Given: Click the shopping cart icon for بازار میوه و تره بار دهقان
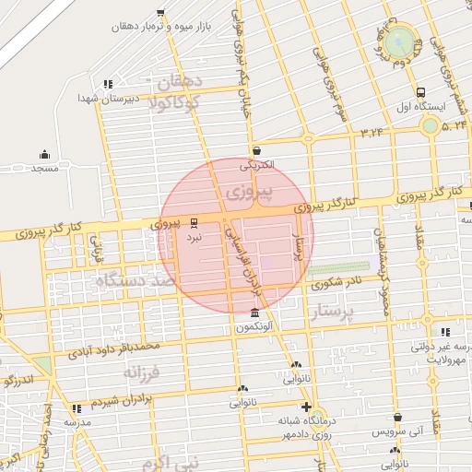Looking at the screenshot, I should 161,13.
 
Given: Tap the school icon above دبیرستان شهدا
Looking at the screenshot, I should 109,83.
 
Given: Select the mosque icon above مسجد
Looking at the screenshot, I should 44,155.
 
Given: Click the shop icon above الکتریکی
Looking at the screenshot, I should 255,151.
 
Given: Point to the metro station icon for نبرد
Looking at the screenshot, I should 194,223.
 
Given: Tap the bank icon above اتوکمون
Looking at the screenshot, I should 254,313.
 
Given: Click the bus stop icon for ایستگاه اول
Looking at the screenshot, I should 421,92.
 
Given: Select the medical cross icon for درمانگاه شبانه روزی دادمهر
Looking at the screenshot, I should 306,407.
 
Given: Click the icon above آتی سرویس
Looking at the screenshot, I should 397,418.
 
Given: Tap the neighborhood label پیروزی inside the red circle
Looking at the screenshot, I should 251,193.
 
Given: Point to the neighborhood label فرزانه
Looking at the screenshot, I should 142,372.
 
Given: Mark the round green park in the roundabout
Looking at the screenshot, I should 400,41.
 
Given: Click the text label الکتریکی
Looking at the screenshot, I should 257,166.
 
